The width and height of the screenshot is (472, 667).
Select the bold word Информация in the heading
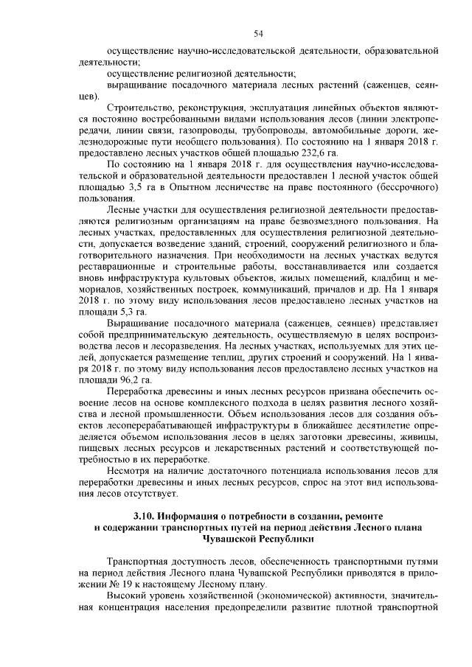198,515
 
